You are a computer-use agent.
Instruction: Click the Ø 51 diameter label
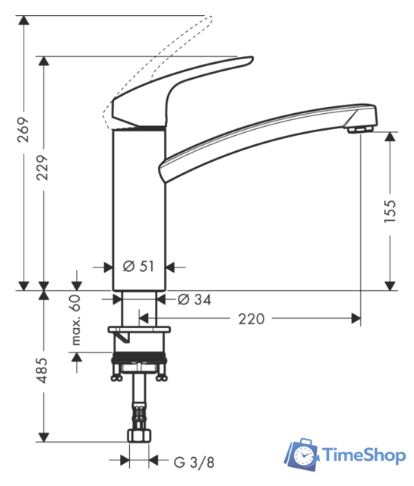pos(138,266)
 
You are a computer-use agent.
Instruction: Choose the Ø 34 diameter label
pos(194,299)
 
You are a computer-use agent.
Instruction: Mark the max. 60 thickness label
pos(75,320)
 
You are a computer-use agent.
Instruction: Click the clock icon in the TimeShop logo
pos(303,456)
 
